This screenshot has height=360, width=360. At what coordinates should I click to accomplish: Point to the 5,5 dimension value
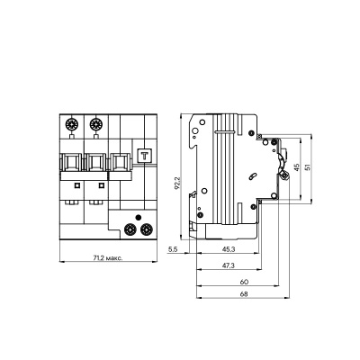tap(175, 248)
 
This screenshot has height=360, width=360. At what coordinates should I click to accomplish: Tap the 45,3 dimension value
tap(229, 248)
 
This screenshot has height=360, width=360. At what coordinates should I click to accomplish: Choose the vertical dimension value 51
tap(310, 167)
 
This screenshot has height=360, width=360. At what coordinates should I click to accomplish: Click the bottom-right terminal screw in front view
tap(144, 230)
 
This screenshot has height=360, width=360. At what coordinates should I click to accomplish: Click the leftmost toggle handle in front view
tap(72, 164)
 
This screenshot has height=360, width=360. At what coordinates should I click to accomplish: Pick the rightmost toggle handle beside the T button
tap(119, 164)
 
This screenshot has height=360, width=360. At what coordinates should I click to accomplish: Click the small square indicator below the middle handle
tap(100, 185)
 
